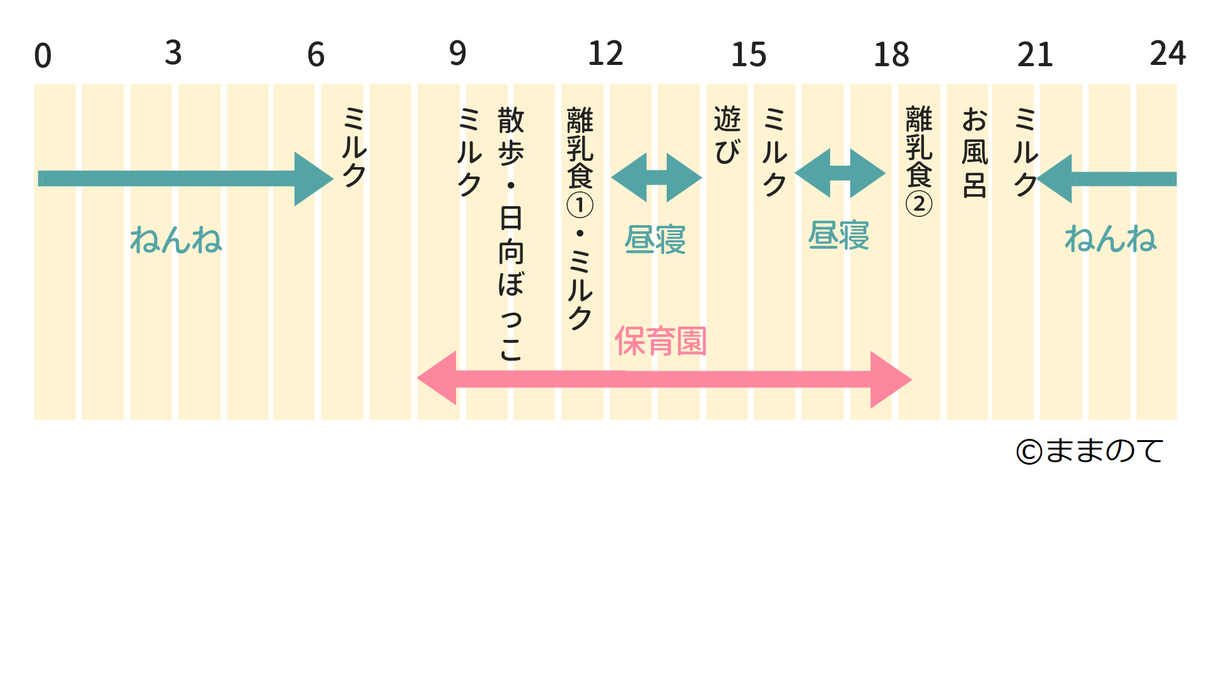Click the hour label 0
click(43, 55)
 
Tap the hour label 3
click(173, 53)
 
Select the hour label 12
click(605, 54)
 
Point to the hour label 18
click(891, 55)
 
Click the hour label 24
click(1167, 53)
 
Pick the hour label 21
click(1035, 55)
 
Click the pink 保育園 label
click(660, 341)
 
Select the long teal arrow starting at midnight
click(183, 179)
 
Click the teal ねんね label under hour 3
click(176, 240)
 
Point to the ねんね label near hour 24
click(1110, 239)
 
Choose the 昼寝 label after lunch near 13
click(655, 240)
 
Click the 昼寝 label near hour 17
click(839, 236)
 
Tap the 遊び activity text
click(727, 135)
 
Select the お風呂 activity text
click(974, 152)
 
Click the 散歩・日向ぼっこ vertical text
click(511, 233)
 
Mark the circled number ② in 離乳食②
click(919, 204)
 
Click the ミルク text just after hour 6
click(354, 146)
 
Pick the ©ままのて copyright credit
click(1090, 451)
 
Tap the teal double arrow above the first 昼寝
click(657, 178)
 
